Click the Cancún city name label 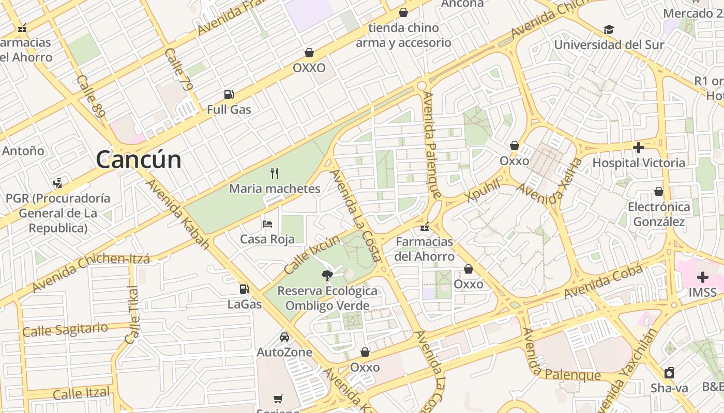[139, 160]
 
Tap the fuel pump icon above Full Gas [229, 94]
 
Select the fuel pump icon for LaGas [244, 289]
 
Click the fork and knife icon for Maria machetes [275, 173]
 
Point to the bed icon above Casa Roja [267, 224]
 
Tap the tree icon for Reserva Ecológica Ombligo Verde [327, 275]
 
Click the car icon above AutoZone [284, 337]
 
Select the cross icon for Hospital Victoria [639, 148]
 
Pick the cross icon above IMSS [702, 277]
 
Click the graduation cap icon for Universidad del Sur [609, 29]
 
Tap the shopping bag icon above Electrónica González [659, 192]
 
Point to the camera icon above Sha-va [669, 372]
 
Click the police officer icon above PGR [58, 183]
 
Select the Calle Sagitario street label [65, 329]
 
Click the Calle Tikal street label [132, 315]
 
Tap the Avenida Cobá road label [603, 281]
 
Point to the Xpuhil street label [483, 191]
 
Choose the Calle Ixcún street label [312, 255]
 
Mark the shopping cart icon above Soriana [278, 398]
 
